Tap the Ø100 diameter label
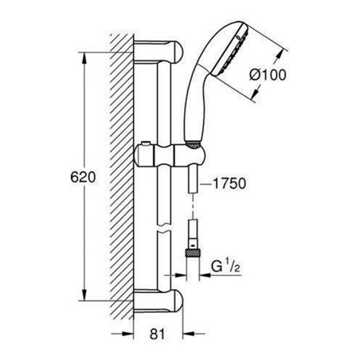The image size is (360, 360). pos(268,76)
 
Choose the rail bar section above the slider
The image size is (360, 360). pos(163,104)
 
